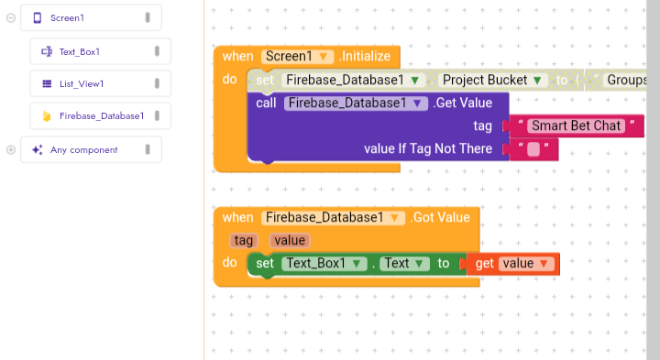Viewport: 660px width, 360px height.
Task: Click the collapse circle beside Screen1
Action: click(x=11, y=17)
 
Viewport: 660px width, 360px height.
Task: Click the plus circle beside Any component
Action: click(x=11, y=149)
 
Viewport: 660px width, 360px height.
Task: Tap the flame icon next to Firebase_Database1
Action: click(x=47, y=115)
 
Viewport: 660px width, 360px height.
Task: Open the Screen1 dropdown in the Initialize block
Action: click(x=298, y=57)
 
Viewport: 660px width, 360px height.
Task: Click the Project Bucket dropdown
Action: click(x=493, y=80)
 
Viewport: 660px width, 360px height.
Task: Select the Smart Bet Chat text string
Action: click(x=576, y=125)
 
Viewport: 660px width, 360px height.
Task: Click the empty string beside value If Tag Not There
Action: click(x=533, y=149)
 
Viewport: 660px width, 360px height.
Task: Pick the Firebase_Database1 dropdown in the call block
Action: click(x=356, y=103)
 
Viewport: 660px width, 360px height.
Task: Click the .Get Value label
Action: click(x=462, y=103)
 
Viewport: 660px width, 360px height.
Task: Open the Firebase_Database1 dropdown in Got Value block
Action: click(x=333, y=217)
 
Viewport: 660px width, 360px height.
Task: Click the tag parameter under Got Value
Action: click(x=243, y=240)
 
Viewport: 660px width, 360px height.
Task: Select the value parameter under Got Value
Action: click(x=290, y=240)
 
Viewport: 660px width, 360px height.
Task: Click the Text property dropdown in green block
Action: click(x=404, y=263)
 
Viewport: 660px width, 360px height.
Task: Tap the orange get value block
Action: click(x=512, y=264)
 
